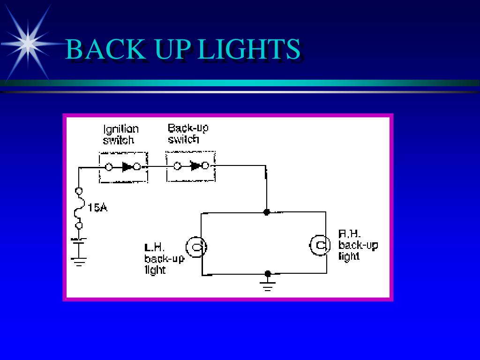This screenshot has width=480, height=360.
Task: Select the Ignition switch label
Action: click(121, 134)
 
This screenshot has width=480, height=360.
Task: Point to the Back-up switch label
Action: click(188, 134)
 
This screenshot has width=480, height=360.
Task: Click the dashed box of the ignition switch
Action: click(123, 167)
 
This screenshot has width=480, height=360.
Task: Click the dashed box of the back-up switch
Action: click(191, 166)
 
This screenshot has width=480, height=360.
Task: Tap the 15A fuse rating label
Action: click(97, 207)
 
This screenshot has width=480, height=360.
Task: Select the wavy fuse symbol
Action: click(79, 208)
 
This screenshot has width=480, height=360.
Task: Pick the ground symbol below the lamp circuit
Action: click(268, 286)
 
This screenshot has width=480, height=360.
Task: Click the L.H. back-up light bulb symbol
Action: click(196, 247)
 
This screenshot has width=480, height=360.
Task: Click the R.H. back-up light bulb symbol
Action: click(320, 245)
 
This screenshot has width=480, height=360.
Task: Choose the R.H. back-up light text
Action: click(358, 245)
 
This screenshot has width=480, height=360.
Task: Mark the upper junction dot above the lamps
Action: click(267, 212)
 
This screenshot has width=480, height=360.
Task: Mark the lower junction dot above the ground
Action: click(268, 273)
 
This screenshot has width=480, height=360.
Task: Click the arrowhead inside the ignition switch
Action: click(127, 166)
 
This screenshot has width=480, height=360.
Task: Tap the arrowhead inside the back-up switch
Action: click(195, 165)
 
